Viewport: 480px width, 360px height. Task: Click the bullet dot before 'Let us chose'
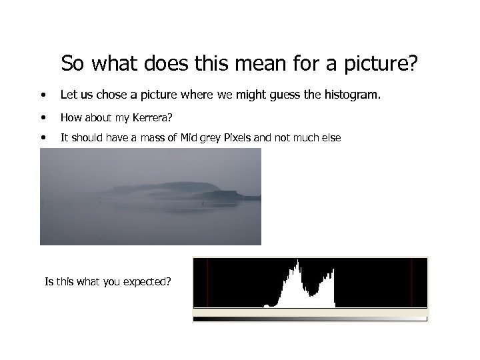point(43,95)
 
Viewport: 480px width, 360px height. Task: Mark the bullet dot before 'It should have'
point(43,139)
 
